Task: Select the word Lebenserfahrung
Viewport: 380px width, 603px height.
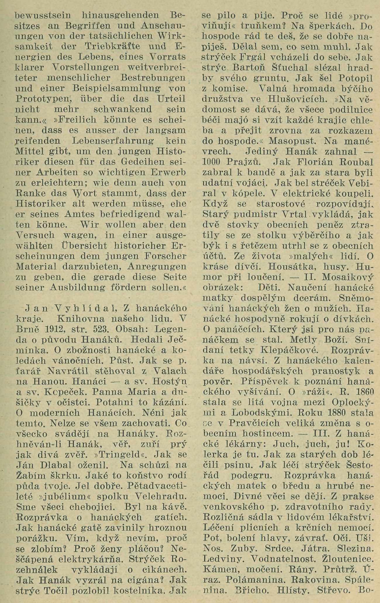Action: (x=106, y=141)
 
